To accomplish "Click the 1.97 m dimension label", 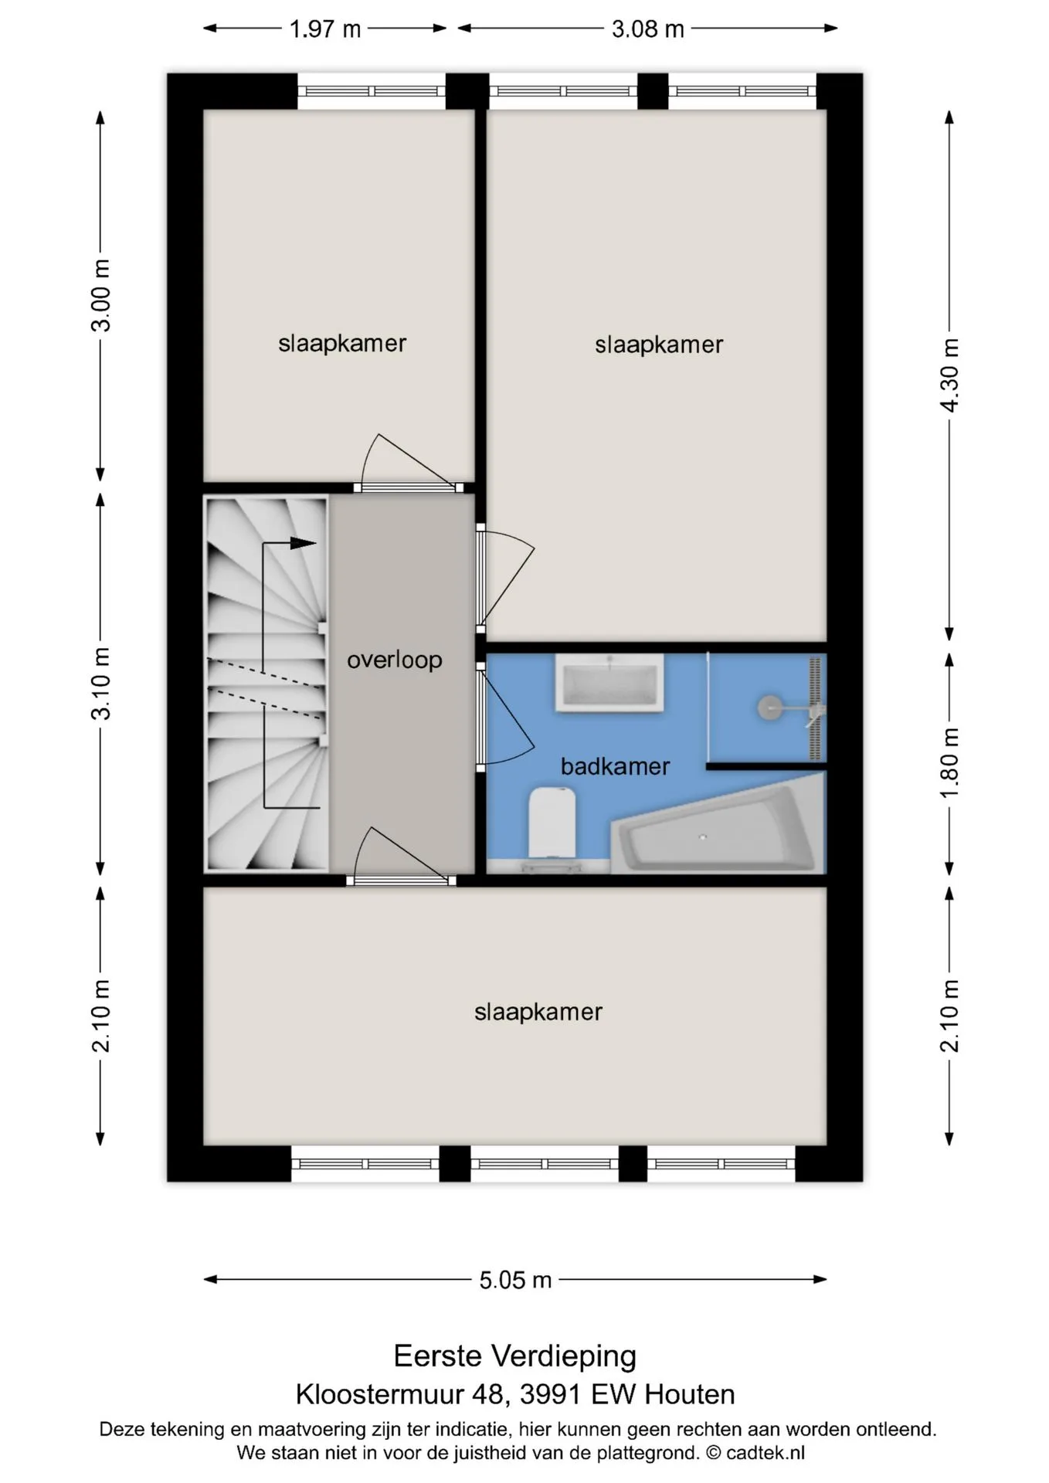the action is pos(325,29).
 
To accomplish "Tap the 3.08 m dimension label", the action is pos(647,29).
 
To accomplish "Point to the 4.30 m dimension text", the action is pos(949,375).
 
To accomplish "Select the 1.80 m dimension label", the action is pos(949,762).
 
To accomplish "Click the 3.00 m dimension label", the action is pos(100,296).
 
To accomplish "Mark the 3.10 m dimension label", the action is pos(100,684).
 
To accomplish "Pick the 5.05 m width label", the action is pos(515,1280).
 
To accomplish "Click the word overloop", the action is pos(394,660).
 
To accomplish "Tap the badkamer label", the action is pos(615,766).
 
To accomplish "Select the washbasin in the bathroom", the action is pos(609,682).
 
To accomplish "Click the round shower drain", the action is pos(769,708).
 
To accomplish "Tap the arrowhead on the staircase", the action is pos(304,543).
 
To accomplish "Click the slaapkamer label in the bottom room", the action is pos(538,1012).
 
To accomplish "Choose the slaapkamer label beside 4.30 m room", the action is pos(659,344).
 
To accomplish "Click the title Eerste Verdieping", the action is pos(515,1356).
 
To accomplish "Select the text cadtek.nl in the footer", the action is pos(765,1452).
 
